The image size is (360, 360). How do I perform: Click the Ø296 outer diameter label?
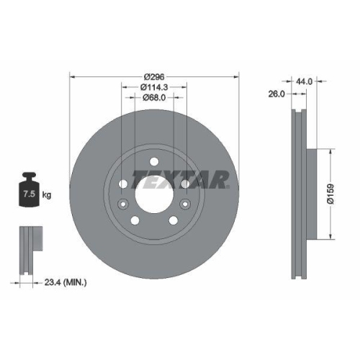pyautogui.click(x=154, y=76)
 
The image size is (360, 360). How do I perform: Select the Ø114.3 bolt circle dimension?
pyautogui.click(x=154, y=87)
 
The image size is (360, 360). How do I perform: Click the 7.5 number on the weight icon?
pyautogui.click(x=30, y=194)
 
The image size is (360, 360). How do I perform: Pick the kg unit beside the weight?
pyautogui.click(x=48, y=195)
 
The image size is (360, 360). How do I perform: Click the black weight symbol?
pyautogui.click(x=30, y=190)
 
